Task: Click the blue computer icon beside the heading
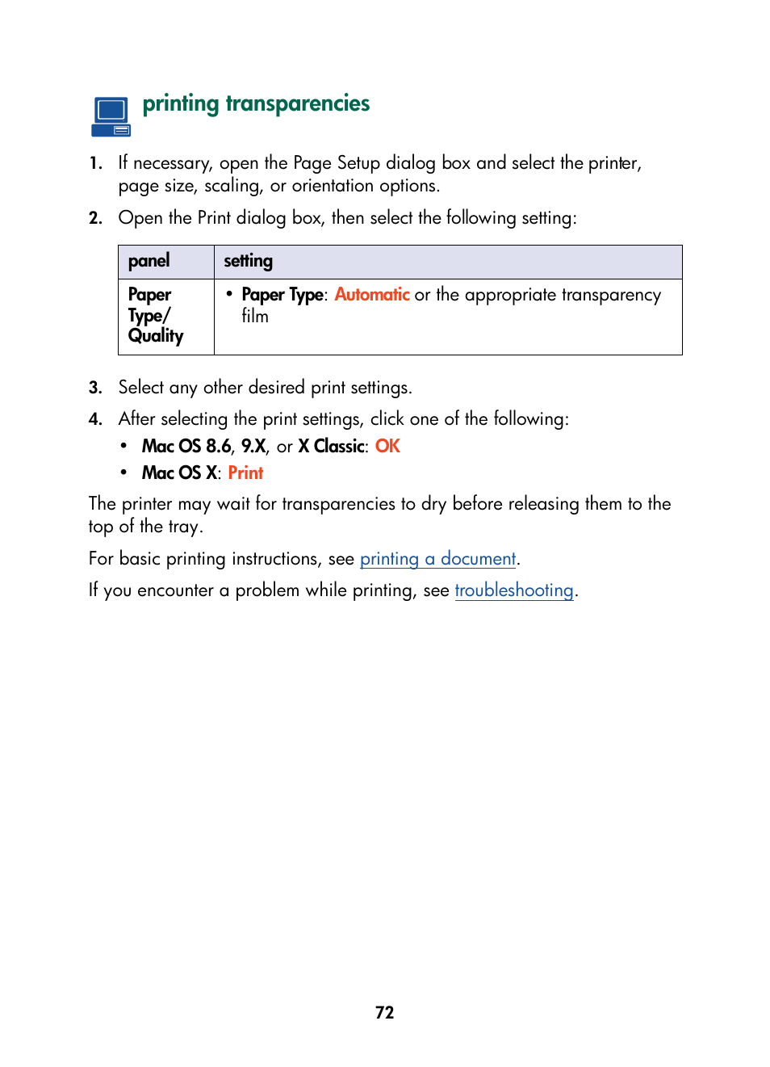[x=111, y=116]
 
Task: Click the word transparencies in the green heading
[x=297, y=104]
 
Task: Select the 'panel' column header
[x=149, y=261]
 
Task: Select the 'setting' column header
[x=248, y=261]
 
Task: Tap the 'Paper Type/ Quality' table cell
[x=156, y=316]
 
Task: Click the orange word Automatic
[x=372, y=295]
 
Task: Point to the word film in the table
[x=255, y=317]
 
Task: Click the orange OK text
[x=387, y=447]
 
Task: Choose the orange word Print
[x=245, y=473]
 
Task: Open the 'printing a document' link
[x=437, y=559]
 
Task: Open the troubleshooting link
[x=514, y=590]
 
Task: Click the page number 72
[x=384, y=1012]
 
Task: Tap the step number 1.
[x=95, y=164]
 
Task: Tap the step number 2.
[x=95, y=218]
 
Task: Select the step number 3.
[x=95, y=388]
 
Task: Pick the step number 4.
[x=95, y=419]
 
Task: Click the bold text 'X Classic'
[x=332, y=447]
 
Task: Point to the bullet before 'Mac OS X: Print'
[x=123, y=473]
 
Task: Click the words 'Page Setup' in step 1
[x=337, y=163]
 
